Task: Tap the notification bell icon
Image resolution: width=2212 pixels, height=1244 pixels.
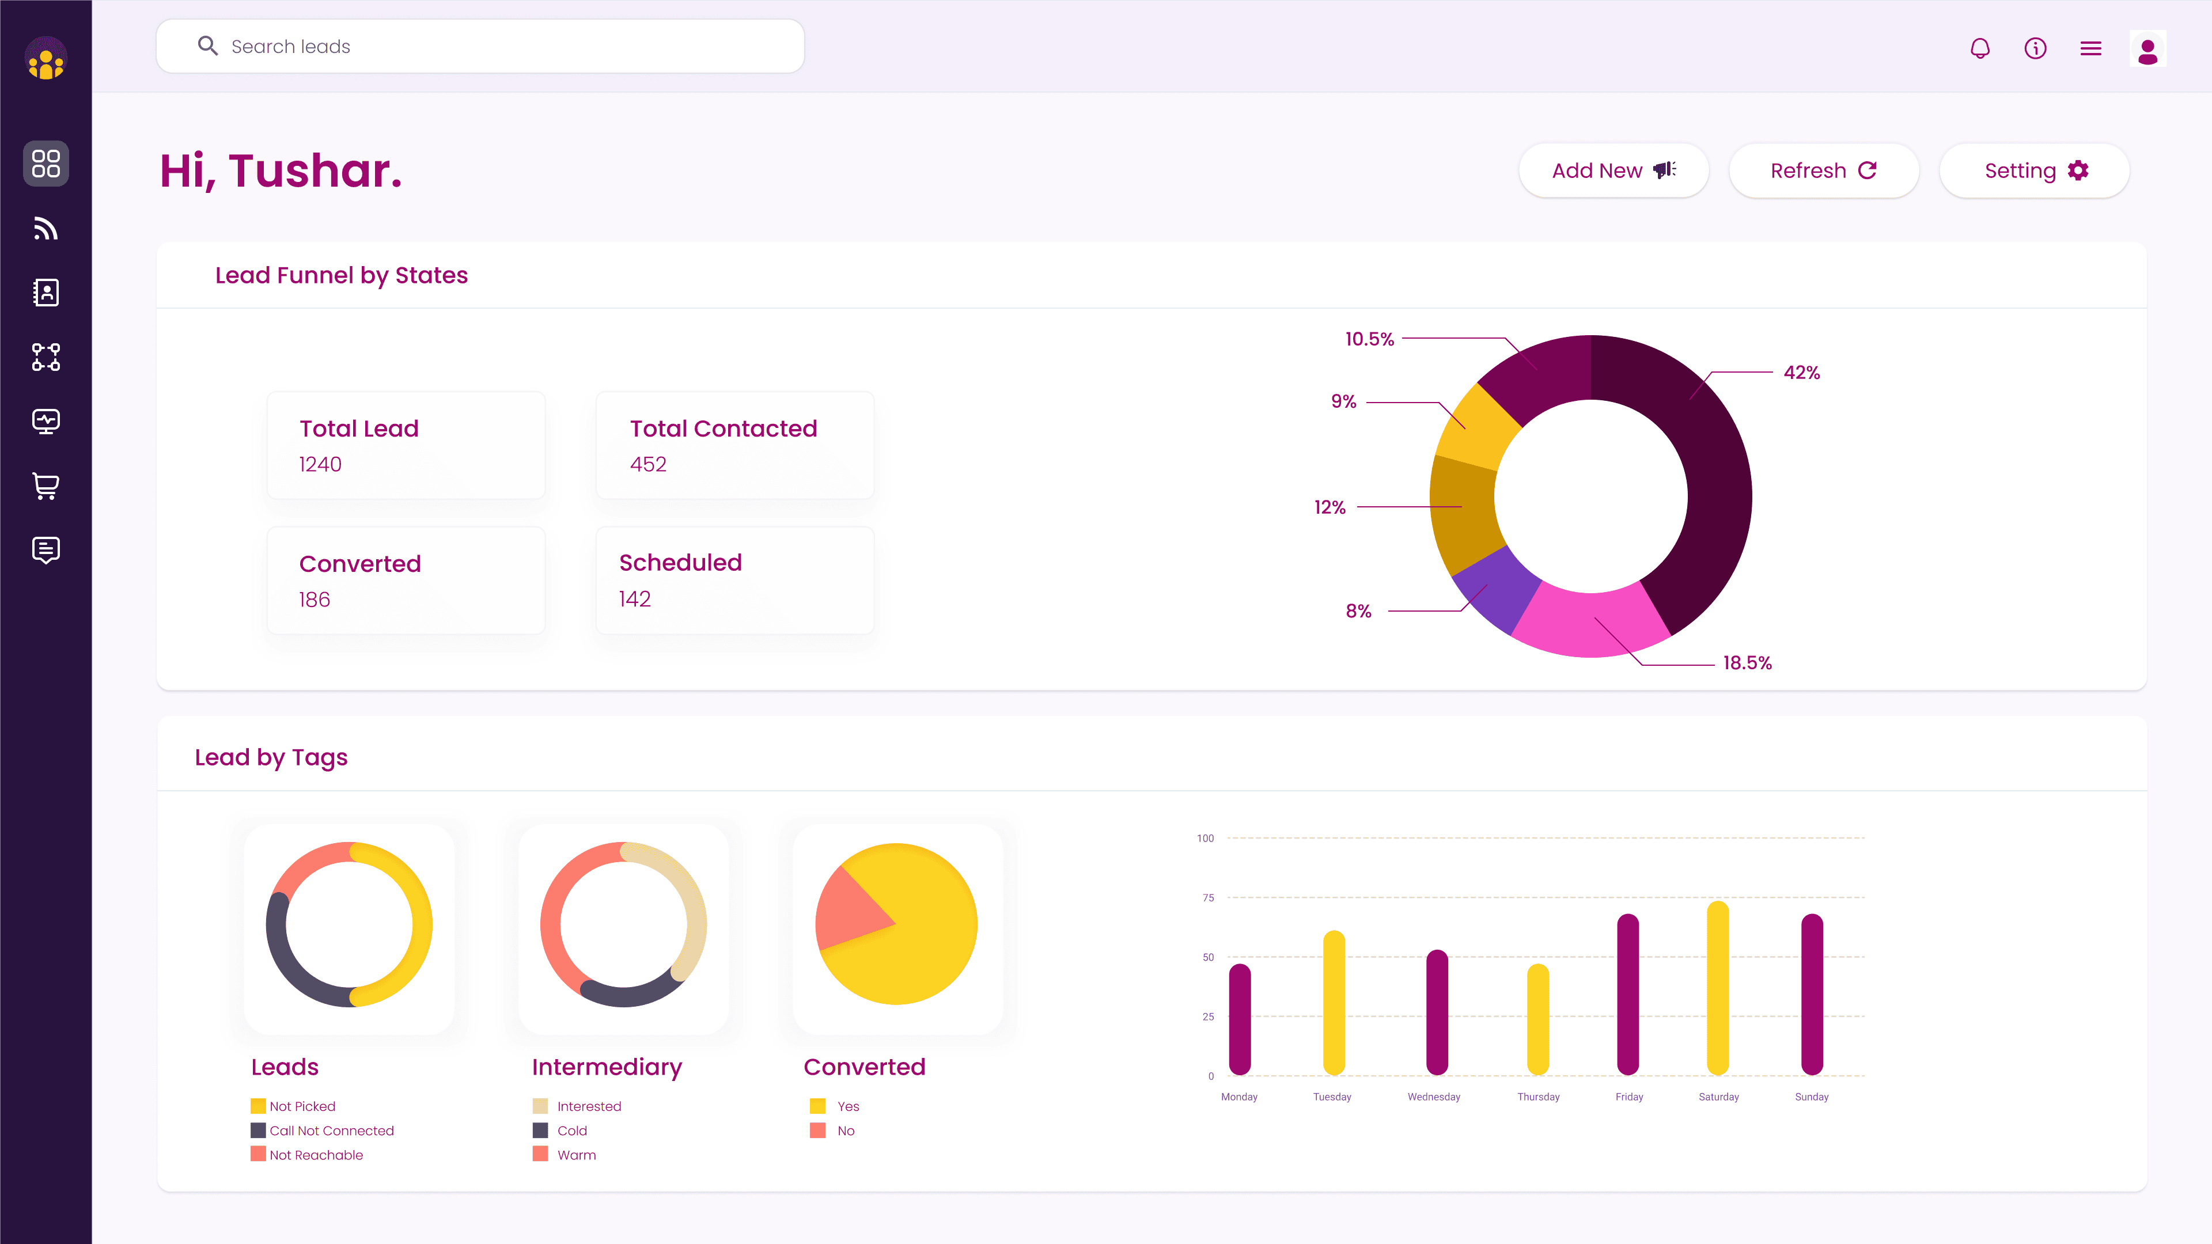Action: pos(1979,48)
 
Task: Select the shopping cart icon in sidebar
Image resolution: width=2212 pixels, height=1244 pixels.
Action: pos(46,486)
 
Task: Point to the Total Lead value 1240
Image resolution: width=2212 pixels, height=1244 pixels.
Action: pos(320,464)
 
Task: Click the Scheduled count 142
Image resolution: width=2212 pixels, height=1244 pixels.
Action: pos(635,599)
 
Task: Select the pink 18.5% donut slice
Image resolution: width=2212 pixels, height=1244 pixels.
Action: pos(1589,623)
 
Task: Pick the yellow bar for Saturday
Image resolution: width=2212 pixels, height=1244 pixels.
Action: pos(1717,987)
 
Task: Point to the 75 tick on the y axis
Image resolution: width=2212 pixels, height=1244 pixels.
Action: pos(1208,898)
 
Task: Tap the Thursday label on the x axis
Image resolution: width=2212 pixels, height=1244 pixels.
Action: pos(1538,1097)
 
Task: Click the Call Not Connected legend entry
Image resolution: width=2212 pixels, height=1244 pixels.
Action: pos(331,1131)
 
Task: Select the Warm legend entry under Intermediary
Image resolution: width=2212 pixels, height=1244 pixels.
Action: pos(575,1155)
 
